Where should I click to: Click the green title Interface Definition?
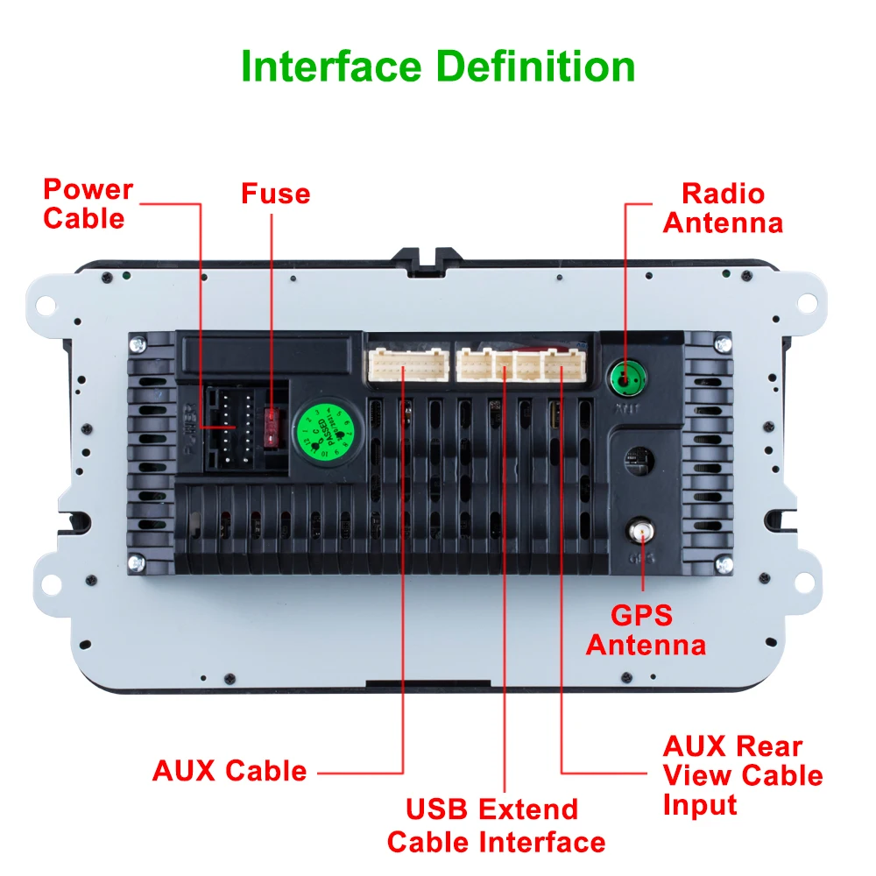[438, 67]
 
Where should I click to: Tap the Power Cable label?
[88, 203]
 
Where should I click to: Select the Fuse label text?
[276, 193]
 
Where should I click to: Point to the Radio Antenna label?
[723, 208]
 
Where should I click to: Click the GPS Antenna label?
[646, 630]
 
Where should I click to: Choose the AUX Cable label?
[230, 771]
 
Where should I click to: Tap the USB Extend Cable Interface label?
[496, 825]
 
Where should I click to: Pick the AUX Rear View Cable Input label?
[742, 775]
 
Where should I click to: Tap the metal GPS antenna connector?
[640, 530]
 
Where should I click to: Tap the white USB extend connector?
[505, 364]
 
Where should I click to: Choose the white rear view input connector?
[561, 364]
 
